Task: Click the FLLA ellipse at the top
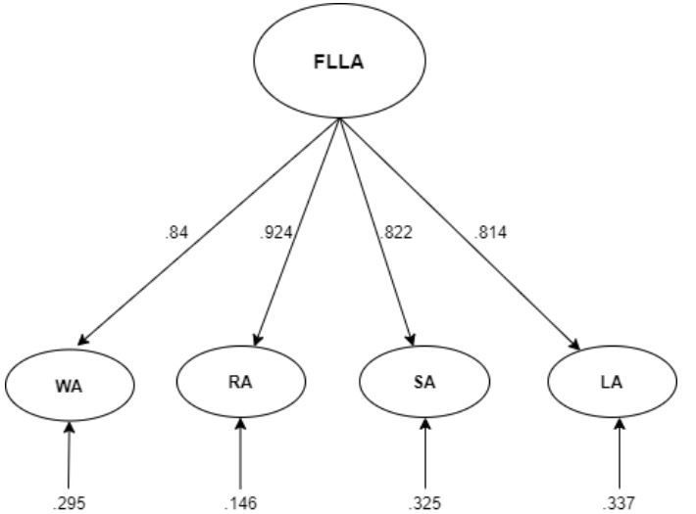coord(339,60)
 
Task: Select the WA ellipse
coord(69,385)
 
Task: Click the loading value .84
coord(176,232)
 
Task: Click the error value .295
coord(69,503)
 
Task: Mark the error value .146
coord(240,503)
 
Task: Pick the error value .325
coord(424,503)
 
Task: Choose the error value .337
coord(618,503)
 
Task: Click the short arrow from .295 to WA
coord(69,455)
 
